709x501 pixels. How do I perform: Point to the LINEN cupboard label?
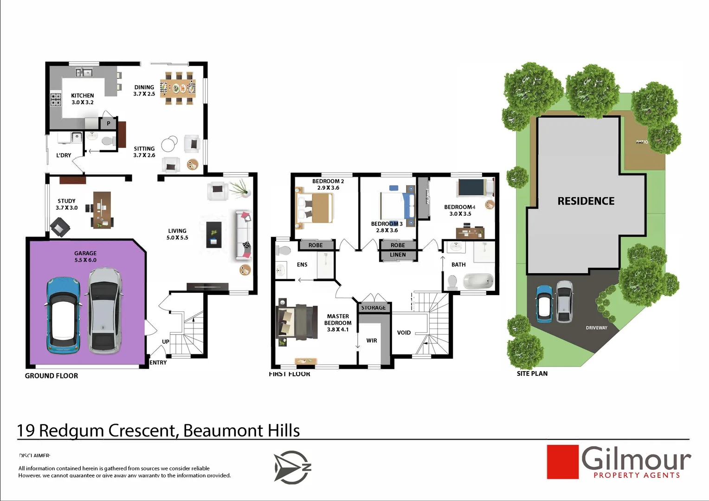click(398, 255)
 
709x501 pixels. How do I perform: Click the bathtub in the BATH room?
click(478, 281)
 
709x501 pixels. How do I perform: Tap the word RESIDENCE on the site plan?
click(586, 201)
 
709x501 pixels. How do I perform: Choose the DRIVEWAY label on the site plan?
click(596, 328)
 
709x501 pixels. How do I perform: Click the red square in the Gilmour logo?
click(562, 462)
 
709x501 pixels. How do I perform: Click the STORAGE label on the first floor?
click(373, 308)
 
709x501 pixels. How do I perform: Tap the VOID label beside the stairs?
click(404, 333)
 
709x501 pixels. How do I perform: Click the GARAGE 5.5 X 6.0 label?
click(85, 257)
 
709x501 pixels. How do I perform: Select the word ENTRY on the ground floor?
click(158, 362)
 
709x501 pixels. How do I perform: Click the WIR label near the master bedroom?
click(372, 340)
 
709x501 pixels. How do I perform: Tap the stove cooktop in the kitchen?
click(56, 99)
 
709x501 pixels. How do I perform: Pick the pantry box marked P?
click(109, 123)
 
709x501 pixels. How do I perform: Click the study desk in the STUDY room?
click(102, 210)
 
